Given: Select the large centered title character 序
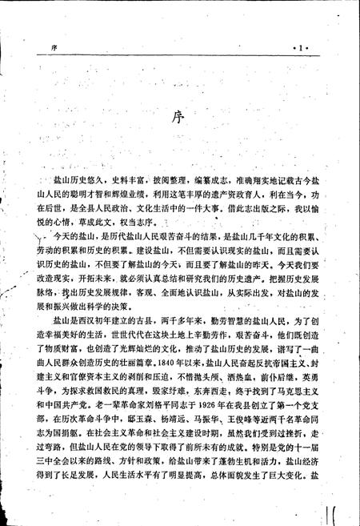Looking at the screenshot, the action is coord(180,118).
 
